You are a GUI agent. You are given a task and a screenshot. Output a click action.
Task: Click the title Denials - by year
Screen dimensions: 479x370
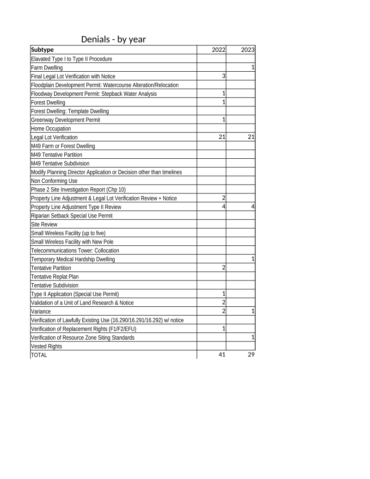pos(113,39)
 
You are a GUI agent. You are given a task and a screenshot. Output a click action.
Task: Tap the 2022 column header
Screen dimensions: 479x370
pos(218,50)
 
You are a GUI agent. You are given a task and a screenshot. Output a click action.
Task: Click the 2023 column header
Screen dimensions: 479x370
pos(248,50)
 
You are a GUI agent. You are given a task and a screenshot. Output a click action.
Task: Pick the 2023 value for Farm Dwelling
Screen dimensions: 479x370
pos(253,68)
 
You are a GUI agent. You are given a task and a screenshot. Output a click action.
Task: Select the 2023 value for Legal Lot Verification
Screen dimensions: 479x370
pos(251,137)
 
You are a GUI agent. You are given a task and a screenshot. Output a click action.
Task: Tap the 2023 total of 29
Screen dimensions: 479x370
pos(251,355)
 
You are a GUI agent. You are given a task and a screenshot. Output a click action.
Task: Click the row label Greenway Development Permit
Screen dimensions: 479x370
pos(65,120)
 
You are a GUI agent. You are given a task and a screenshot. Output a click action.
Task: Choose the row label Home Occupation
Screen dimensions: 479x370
pos(51,129)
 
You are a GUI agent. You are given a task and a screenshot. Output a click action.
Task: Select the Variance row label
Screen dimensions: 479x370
pos(40,311)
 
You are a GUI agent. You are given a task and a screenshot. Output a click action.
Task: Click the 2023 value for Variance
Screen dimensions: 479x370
pos(253,311)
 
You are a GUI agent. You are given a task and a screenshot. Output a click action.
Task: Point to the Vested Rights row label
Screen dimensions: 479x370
pos(46,346)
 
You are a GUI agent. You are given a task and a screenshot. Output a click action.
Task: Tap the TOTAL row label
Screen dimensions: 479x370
pos(39,355)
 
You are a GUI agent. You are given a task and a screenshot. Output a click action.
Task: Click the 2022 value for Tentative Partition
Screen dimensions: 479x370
pos(223,267)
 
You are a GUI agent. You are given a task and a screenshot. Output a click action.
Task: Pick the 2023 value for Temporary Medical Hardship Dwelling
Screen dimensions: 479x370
pos(253,259)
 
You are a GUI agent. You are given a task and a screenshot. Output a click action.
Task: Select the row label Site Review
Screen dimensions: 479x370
pos(44,224)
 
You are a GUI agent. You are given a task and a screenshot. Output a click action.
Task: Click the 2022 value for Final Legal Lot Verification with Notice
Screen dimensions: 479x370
pos(223,76)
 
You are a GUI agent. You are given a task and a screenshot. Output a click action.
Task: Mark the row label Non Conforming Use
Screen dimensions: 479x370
pos(54,181)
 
